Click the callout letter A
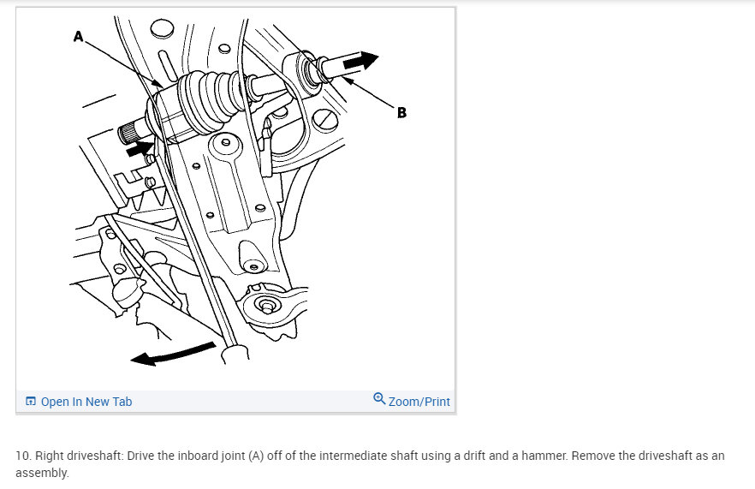point(79,36)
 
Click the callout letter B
point(401,113)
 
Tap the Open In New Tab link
point(86,402)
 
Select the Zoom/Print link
point(419,402)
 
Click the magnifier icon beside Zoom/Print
point(379,399)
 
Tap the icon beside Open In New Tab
point(30,402)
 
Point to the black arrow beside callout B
point(360,61)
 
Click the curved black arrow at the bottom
point(172,354)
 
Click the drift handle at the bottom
point(235,352)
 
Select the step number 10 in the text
point(23,456)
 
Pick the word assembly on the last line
point(43,473)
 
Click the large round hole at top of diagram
point(163,29)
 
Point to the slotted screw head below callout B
point(325,119)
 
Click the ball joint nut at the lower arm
point(266,305)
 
